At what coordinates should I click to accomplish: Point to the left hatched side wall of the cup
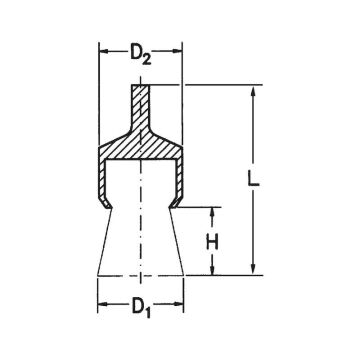tap(104, 180)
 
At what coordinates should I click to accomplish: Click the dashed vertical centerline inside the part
tap(141, 220)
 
